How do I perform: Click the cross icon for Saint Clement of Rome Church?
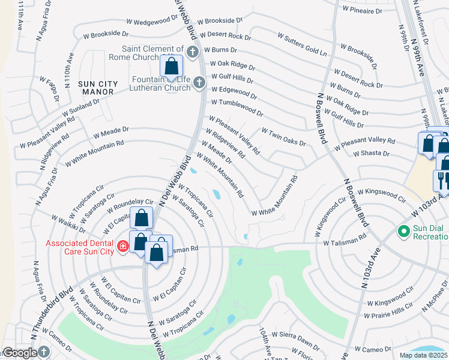[x=192, y=52]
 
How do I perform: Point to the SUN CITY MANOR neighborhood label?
[x=96, y=87]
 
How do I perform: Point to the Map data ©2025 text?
[x=423, y=355]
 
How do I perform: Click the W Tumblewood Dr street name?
[x=236, y=107]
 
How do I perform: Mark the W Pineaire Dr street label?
[x=361, y=10]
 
